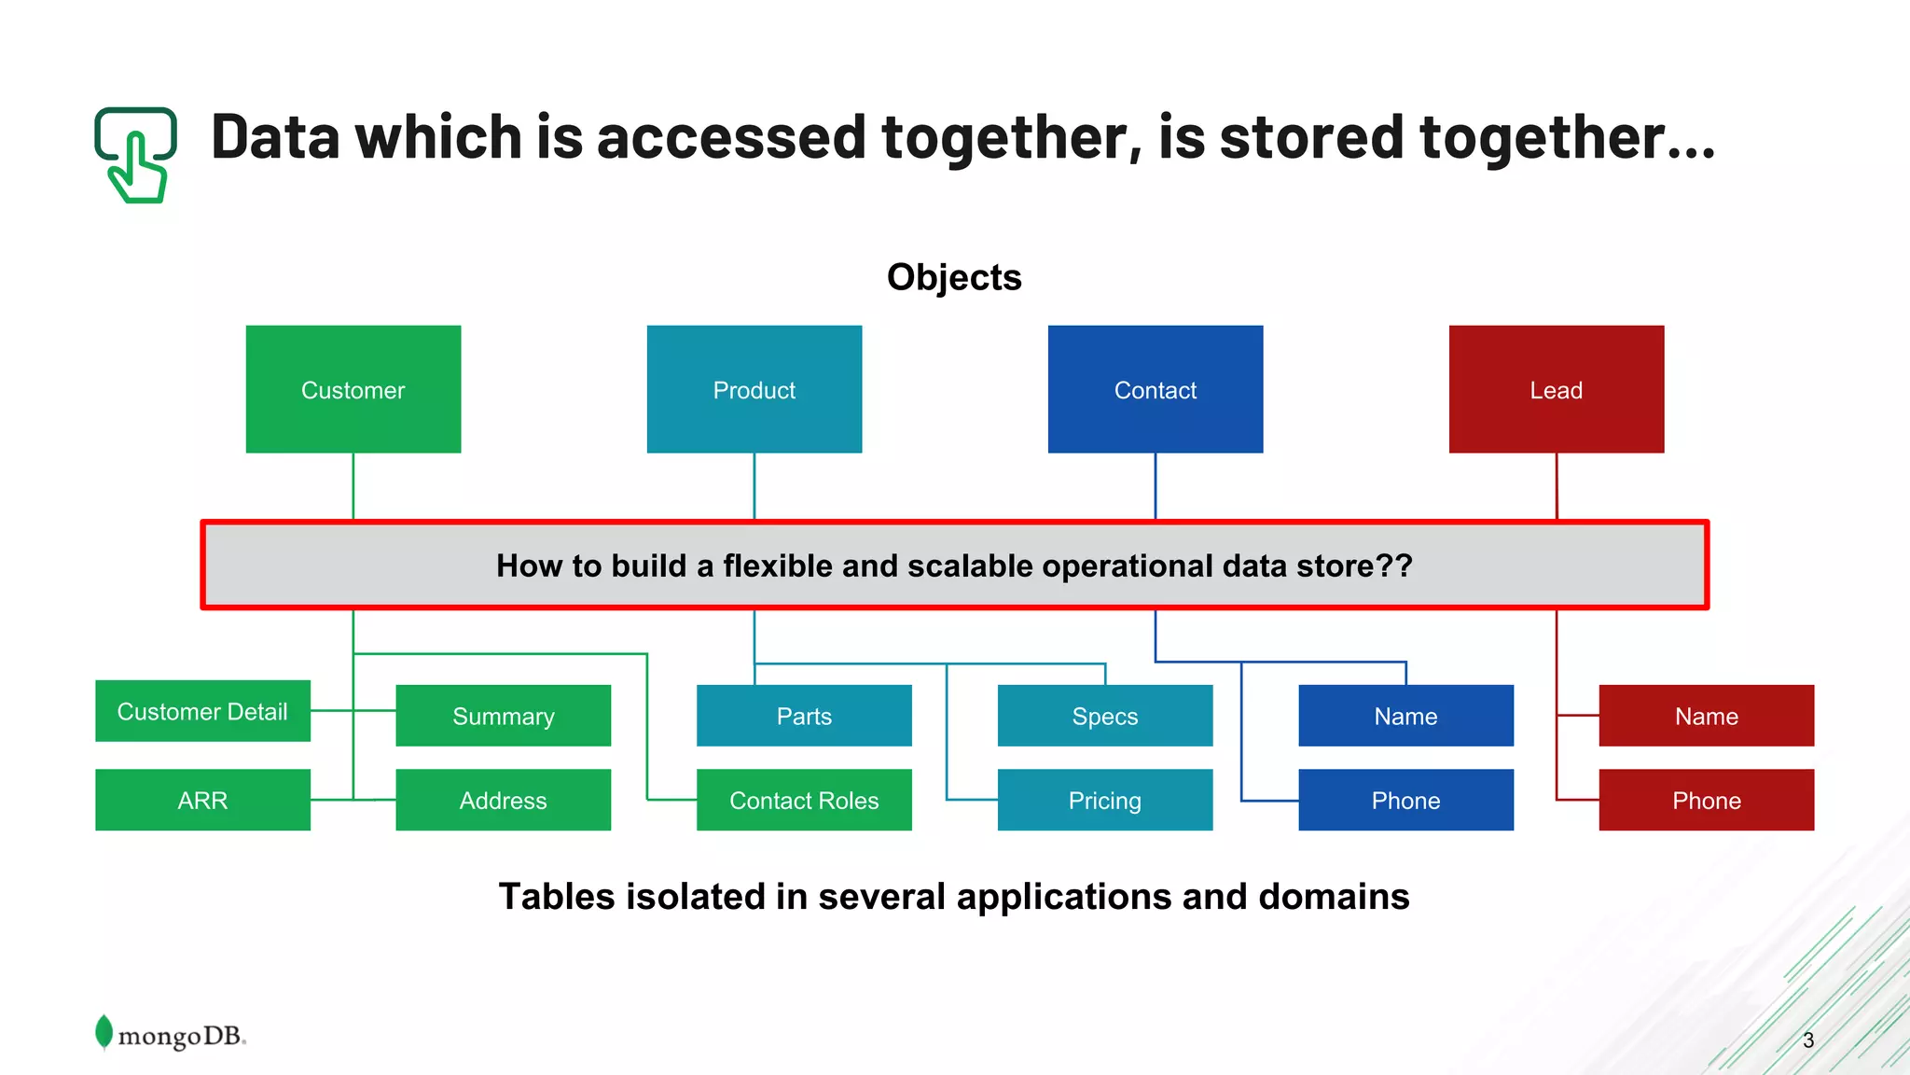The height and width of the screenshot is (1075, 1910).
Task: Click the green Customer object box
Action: [x=353, y=389]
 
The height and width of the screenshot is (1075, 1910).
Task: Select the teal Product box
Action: [x=754, y=389]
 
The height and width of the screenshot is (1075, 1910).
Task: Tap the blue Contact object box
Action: [x=1155, y=389]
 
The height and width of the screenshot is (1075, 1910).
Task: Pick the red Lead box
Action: [x=1556, y=389]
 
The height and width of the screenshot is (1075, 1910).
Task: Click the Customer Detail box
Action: [x=202, y=711]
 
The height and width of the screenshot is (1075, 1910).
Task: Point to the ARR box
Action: [x=202, y=800]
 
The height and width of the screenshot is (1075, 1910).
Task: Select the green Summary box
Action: [x=503, y=716]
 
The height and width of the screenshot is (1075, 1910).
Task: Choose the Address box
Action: [x=503, y=800]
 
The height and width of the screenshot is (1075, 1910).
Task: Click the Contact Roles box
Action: [x=804, y=800]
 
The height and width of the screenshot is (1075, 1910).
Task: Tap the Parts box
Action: [x=804, y=716]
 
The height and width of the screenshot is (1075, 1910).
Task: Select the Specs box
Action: [x=1104, y=716]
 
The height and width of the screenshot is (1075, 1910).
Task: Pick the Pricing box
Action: [x=1104, y=800]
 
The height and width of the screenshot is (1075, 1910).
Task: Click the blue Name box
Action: [x=1405, y=716]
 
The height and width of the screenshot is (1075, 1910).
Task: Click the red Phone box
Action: [x=1706, y=800]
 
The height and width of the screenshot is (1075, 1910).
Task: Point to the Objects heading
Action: [x=954, y=277]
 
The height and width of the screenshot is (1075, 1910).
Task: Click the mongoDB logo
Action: [x=171, y=1034]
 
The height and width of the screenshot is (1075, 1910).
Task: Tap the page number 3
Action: [x=1807, y=1040]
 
